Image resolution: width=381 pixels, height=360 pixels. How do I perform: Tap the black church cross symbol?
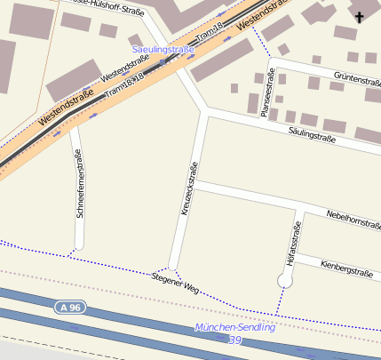360,17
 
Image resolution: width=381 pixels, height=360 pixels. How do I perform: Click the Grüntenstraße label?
353,80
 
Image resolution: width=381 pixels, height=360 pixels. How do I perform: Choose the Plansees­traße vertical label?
265,92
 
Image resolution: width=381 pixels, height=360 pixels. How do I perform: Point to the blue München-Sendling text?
234,327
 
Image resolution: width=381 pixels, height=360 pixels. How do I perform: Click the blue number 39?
234,340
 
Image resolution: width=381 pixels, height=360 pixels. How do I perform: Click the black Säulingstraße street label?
312,138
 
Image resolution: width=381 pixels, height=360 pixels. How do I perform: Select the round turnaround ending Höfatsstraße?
285,280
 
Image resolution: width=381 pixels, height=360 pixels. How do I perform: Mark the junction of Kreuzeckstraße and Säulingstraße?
207,112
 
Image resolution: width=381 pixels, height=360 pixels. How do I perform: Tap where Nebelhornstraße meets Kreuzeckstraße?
196,184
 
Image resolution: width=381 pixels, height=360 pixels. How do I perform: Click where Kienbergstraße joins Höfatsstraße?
294,257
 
